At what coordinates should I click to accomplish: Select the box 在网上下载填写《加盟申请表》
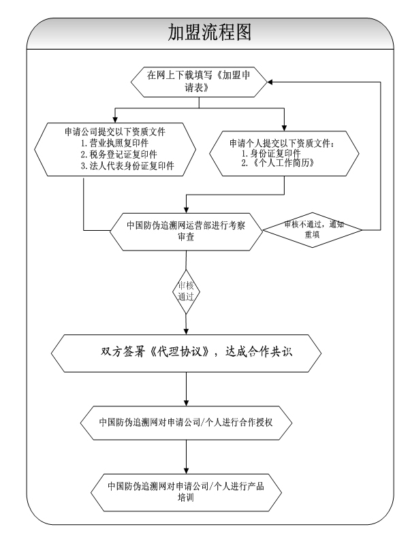point(200,81)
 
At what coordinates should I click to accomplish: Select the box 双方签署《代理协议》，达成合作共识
point(186,353)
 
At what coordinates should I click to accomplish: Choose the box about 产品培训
point(186,492)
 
